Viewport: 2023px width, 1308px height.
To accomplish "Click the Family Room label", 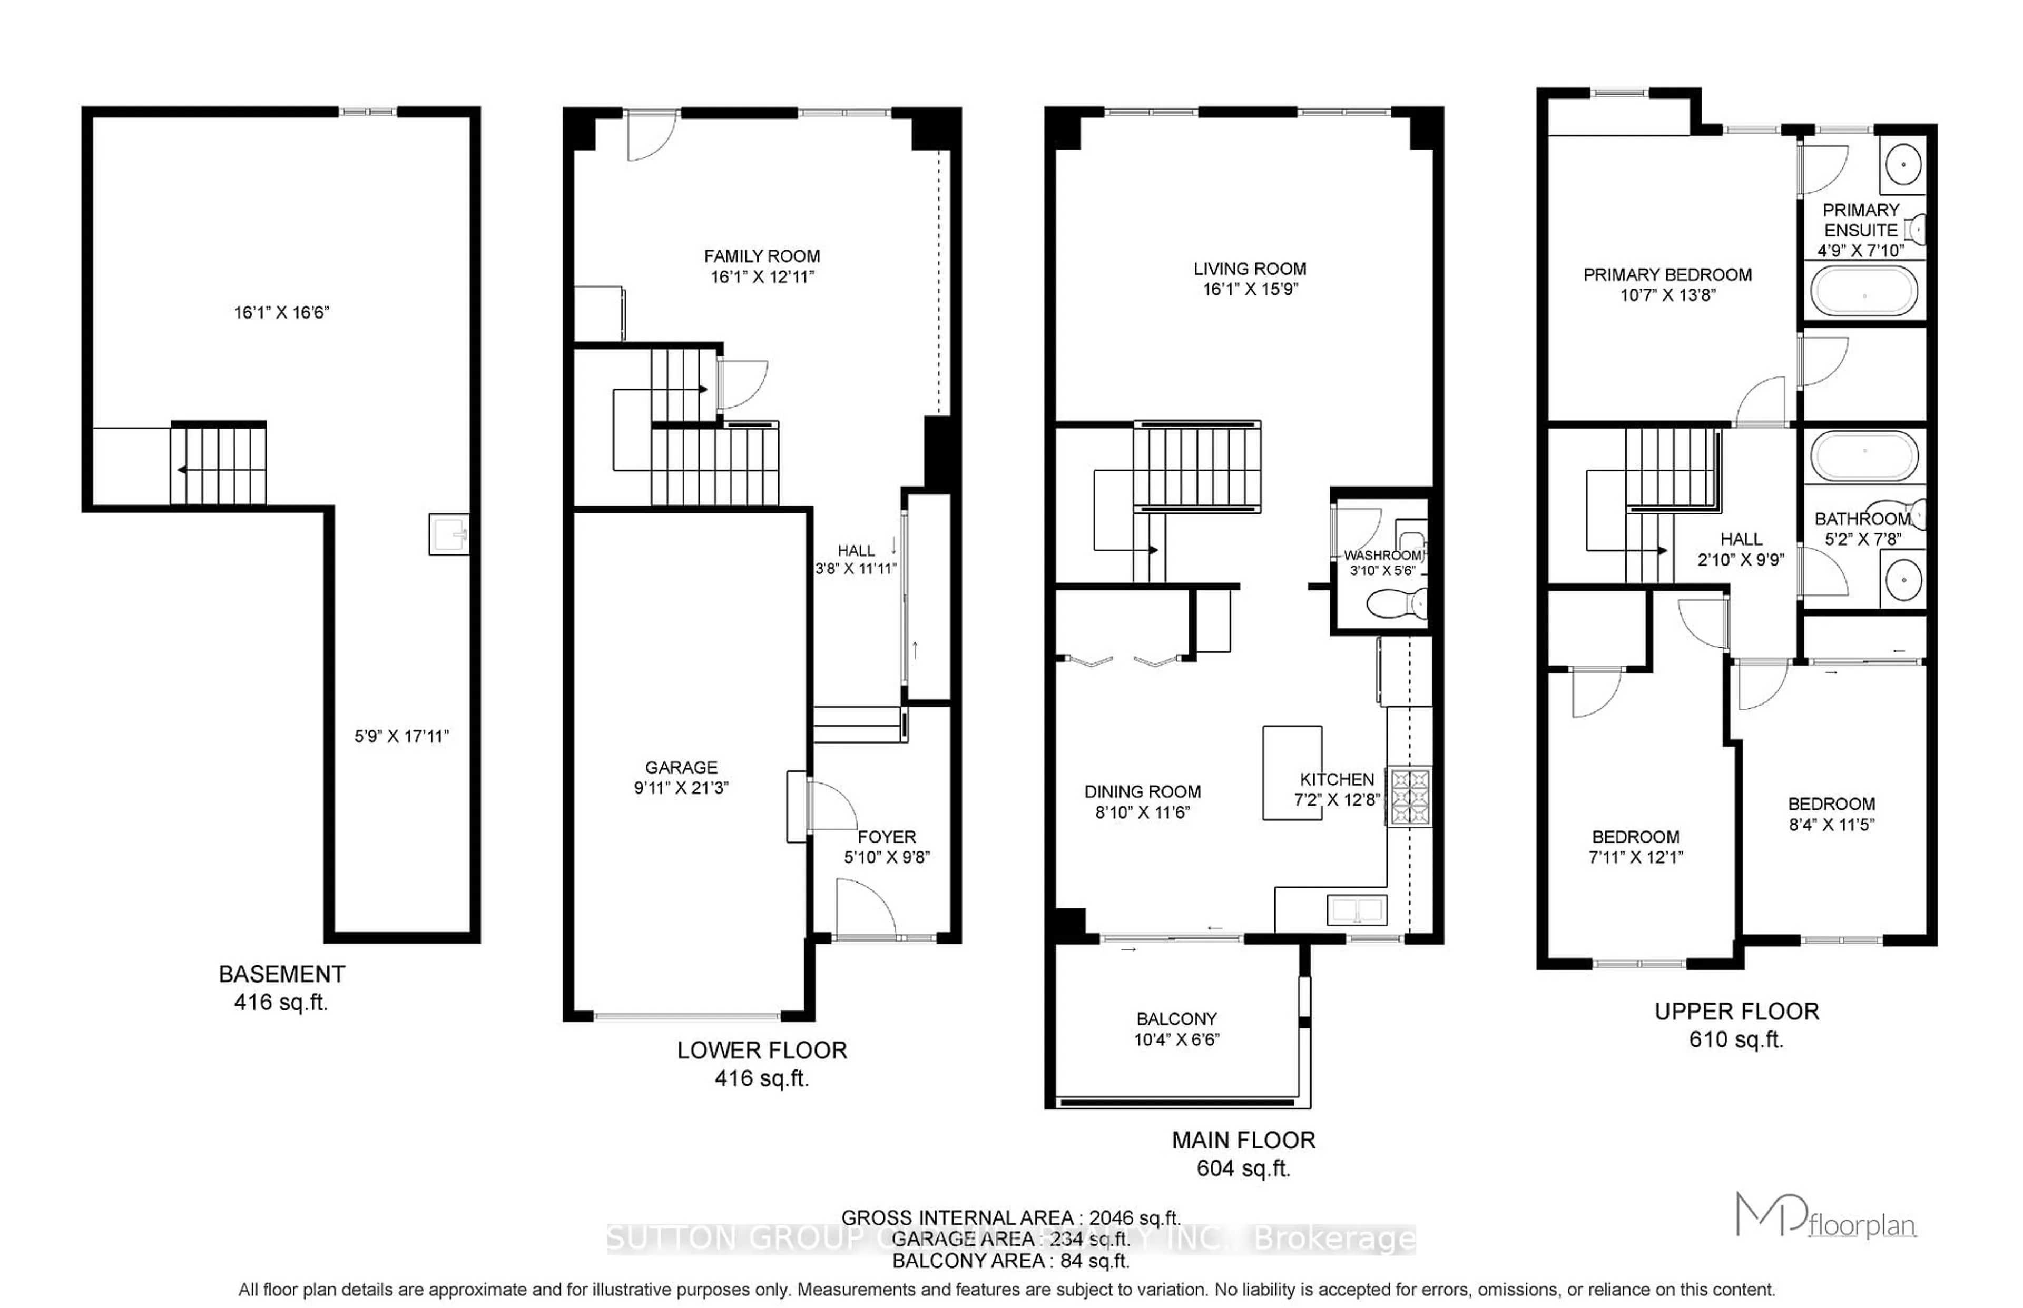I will coord(761,256).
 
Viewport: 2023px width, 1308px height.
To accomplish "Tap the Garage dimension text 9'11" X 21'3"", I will coord(681,787).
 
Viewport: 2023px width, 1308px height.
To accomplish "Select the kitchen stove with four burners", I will coord(1409,797).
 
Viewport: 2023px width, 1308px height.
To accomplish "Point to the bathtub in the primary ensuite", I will coord(1863,291).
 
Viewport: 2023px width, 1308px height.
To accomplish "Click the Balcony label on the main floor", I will coord(1176,1018).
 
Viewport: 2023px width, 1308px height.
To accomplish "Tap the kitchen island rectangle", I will coord(1291,772).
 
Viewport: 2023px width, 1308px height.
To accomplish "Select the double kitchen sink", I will coord(1357,910).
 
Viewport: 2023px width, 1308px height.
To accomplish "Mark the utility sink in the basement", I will coord(448,534).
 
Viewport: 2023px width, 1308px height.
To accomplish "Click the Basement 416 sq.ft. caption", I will coord(281,988).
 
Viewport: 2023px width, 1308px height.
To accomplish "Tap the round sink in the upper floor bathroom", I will coord(1903,581).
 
